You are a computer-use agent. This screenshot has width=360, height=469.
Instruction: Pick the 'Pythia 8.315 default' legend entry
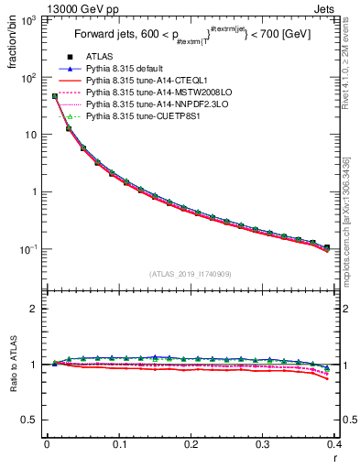(136, 70)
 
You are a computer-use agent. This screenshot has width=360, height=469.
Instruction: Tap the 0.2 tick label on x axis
(191, 444)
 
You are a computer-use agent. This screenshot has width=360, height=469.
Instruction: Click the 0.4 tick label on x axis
(334, 444)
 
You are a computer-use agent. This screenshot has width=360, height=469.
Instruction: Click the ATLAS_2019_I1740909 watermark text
(191, 274)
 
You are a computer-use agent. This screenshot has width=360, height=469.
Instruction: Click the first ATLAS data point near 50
(55, 96)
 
